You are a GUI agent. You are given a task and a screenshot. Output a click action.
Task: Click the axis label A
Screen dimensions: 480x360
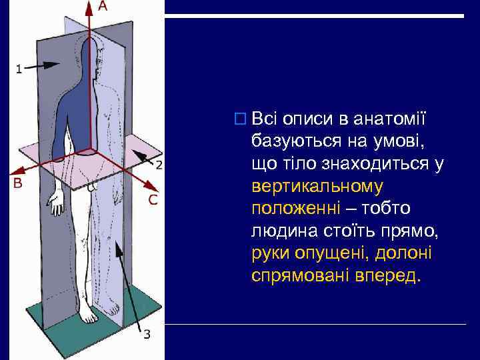click(103, 6)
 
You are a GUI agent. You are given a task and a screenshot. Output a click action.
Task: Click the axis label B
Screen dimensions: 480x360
click(18, 183)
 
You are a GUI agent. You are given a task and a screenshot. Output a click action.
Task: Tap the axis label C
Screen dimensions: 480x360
click(153, 199)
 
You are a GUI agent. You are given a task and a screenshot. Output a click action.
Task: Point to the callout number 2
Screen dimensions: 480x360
click(159, 164)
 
